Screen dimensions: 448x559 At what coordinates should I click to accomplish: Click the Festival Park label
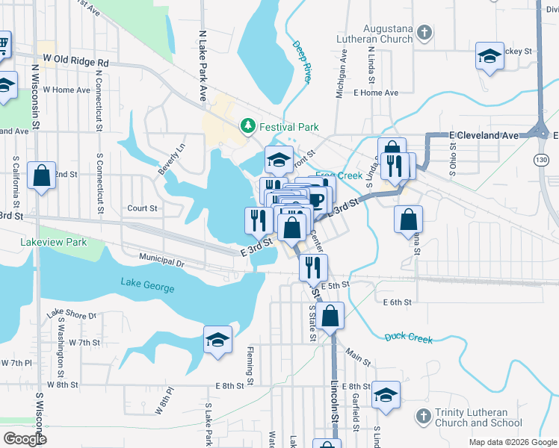288,128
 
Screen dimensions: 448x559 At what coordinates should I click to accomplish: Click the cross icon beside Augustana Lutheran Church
424,33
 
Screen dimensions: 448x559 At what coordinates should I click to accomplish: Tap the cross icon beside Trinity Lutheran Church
423,415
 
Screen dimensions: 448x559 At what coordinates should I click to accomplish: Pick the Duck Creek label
409,338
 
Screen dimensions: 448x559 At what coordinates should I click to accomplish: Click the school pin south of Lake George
217,340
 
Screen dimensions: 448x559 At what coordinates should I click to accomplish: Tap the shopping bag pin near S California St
42,176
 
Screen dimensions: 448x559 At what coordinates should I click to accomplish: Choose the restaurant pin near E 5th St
312,267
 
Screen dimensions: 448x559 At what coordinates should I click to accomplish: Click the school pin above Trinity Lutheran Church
386,395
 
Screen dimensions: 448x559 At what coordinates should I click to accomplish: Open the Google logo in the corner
25,439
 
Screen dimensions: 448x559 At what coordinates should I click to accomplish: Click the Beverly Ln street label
171,160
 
